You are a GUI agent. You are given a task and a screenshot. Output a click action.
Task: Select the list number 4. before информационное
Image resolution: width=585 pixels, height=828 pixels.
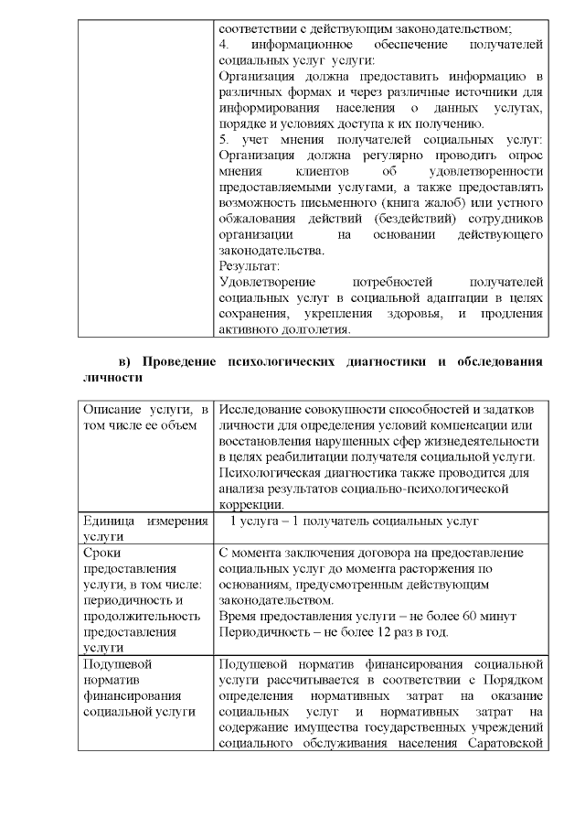pyautogui.click(x=225, y=43)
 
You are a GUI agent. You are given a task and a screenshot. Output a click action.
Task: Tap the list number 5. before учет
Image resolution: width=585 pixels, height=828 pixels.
pyautogui.click(x=225, y=138)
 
